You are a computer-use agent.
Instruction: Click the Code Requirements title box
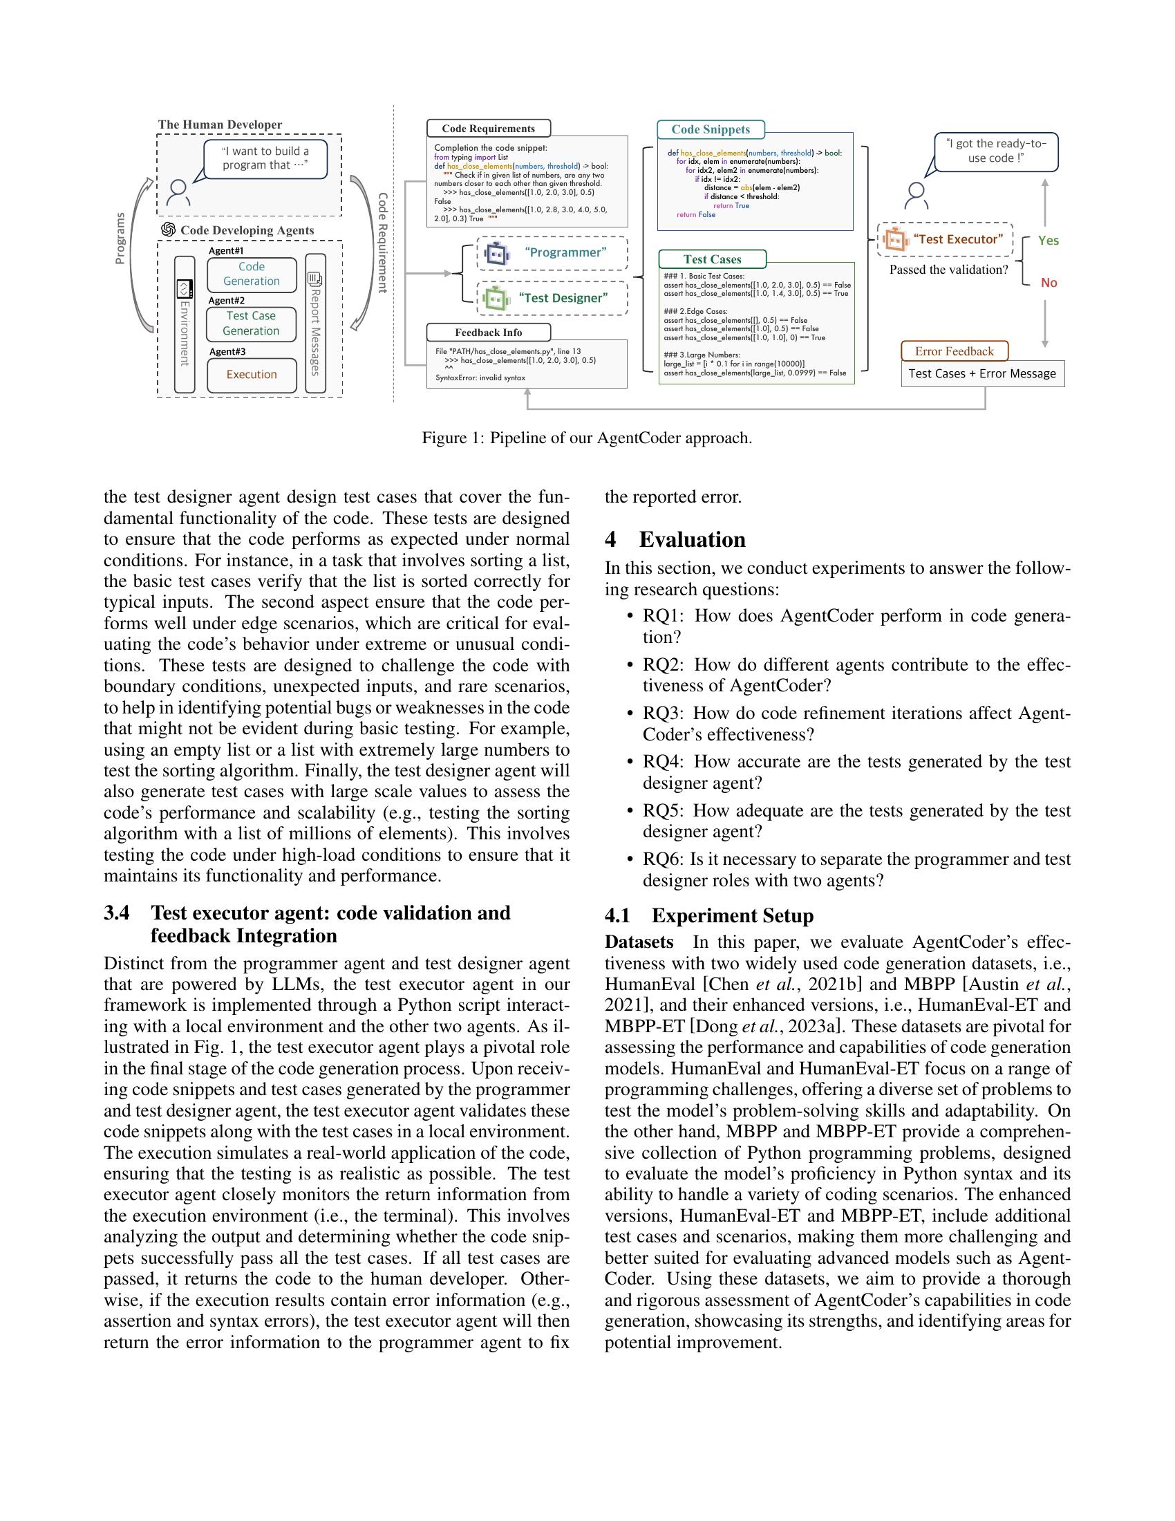488,128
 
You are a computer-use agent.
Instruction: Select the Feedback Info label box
488,332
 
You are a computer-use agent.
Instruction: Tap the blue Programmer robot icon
497,254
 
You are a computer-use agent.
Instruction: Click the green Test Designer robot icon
494,299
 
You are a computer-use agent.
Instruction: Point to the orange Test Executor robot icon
896,240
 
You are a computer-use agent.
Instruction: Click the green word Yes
1048,241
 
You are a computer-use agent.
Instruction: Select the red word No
1049,283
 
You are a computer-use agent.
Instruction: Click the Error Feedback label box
954,351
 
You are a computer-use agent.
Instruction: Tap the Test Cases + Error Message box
981,373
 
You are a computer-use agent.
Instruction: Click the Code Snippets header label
710,129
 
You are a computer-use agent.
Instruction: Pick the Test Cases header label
711,259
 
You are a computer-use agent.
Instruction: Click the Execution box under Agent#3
252,375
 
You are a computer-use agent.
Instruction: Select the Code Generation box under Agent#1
252,274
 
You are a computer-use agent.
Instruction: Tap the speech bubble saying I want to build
265,158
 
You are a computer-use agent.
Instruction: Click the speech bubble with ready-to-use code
995,151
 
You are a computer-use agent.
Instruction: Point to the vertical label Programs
120,239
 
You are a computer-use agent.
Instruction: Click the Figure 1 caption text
586,438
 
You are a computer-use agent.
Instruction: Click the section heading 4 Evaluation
675,540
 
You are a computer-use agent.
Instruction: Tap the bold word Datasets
639,942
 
